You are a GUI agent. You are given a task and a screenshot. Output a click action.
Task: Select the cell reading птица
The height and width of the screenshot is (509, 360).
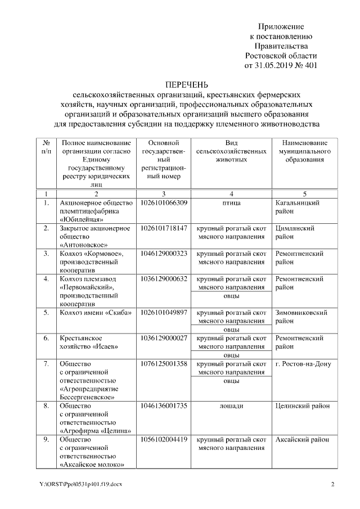(x=231, y=202)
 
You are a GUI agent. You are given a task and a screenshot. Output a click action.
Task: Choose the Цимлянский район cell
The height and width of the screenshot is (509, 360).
(x=295, y=233)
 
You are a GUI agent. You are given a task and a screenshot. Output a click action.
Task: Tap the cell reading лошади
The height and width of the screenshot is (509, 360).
(x=231, y=404)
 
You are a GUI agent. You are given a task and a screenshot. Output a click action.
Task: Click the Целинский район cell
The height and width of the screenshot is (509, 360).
(x=302, y=404)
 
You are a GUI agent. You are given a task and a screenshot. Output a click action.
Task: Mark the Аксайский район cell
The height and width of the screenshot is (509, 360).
(x=303, y=439)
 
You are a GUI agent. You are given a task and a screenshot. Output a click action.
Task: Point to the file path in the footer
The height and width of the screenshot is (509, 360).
(x=76, y=484)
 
